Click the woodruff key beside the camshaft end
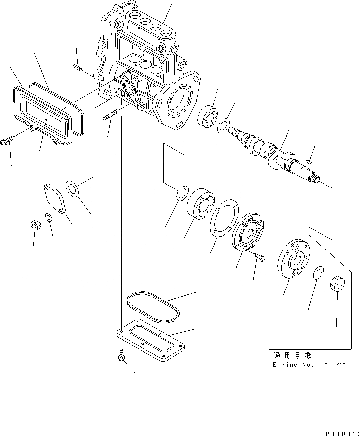tap(309, 160)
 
